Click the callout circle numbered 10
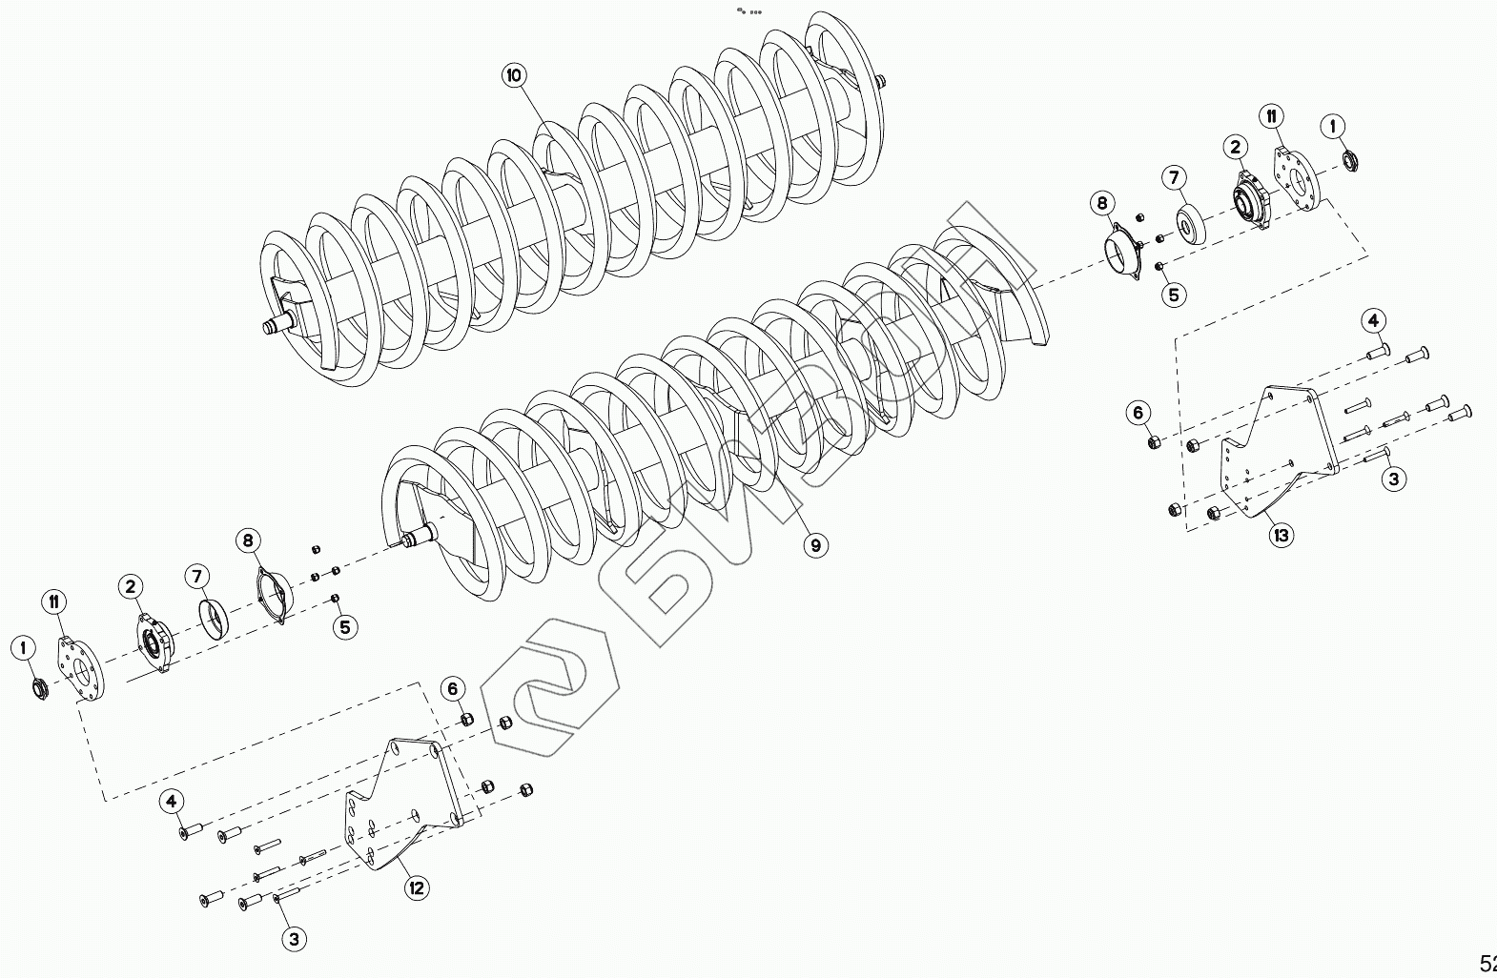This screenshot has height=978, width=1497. (515, 75)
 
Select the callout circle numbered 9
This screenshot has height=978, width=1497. (815, 545)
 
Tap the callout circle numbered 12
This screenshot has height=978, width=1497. (416, 888)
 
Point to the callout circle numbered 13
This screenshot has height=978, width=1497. (1281, 535)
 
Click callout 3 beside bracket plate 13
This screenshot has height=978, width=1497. (1393, 479)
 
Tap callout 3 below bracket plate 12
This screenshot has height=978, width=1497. (294, 939)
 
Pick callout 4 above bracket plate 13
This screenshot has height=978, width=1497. (1373, 320)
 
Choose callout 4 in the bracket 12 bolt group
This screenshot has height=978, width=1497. (172, 801)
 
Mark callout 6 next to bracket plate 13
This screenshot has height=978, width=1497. (1138, 413)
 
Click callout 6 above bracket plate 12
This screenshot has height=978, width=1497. (453, 689)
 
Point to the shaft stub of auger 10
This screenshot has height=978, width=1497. (275, 327)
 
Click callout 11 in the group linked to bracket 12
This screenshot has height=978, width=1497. (54, 601)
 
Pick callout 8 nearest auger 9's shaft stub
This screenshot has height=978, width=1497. (248, 541)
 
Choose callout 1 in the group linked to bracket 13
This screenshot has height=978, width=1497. (1333, 127)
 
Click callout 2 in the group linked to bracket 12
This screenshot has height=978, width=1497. (131, 586)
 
